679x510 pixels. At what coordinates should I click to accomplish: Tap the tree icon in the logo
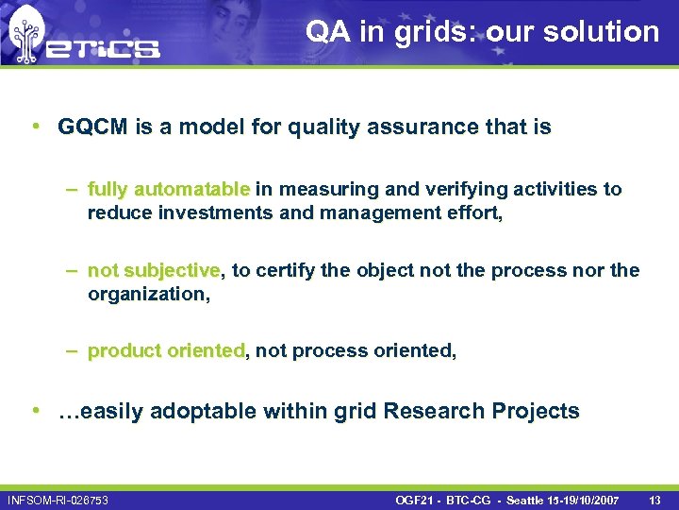point(26,35)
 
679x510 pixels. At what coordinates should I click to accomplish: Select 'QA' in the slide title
point(326,31)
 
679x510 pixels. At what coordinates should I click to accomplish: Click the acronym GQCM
point(92,127)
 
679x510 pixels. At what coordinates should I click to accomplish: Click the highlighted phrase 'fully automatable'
point(168,189)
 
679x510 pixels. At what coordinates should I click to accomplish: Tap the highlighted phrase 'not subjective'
point(153,271)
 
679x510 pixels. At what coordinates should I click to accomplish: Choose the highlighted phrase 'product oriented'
point(166,350)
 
